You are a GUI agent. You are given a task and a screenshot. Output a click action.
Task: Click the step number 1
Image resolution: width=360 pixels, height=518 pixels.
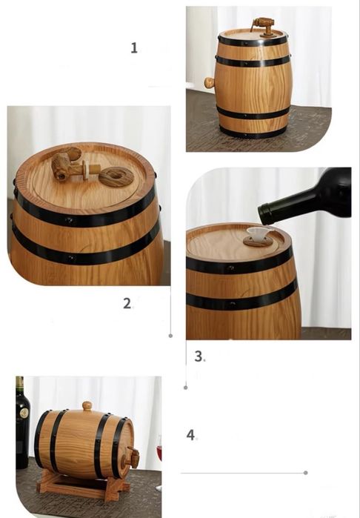pos(134,48)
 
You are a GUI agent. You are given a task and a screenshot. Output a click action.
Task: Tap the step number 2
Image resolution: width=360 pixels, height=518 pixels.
pos(127,303)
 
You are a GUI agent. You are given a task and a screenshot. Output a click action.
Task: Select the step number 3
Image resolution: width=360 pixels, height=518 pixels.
pos(199,356)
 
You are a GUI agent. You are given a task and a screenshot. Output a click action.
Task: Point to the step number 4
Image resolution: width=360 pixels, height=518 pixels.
pos(190,435)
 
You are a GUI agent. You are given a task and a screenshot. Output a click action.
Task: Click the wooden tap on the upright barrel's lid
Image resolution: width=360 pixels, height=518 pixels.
pos(264,27)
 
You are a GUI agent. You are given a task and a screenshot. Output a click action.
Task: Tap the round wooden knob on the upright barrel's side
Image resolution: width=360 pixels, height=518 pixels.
pos(209,82)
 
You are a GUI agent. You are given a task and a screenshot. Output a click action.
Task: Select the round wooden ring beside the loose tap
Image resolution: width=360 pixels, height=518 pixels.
pos(116,176)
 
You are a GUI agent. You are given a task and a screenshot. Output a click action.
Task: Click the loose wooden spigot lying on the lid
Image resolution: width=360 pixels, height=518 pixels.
pos(71,165)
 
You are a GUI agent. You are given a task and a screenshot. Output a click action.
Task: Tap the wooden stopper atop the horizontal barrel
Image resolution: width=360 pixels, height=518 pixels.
pos(87,405)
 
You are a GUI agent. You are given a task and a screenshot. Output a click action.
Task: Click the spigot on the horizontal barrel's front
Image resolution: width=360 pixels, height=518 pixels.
pos(131,458)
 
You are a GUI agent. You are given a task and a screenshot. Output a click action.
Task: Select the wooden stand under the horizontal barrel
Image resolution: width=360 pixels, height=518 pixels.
pos(82,485)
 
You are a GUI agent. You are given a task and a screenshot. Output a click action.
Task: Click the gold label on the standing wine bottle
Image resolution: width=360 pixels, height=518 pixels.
pos(24,413)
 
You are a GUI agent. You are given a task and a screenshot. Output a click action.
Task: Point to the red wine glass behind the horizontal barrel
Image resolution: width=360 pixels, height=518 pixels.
pos(159,453)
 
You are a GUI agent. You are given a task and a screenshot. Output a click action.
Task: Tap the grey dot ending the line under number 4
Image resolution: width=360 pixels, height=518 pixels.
pos(305,473)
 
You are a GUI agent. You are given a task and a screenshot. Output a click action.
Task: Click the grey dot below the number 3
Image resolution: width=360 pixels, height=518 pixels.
pos(186,388)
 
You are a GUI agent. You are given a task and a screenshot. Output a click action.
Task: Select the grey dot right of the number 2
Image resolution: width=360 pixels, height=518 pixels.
pos(170,336)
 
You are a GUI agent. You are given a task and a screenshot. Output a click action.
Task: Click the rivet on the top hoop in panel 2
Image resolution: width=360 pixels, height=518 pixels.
pos(70,219)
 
